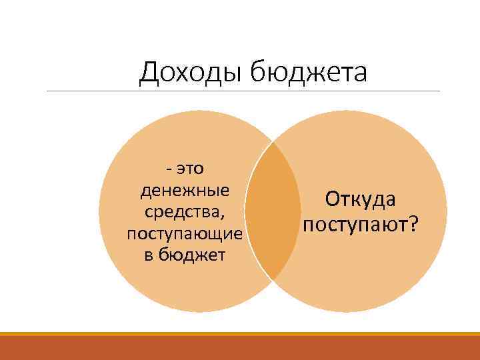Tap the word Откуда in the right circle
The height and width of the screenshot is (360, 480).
tap(361, 199)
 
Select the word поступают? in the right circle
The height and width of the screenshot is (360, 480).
tap(361, 223)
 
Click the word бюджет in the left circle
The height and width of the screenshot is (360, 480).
tap(193, 255)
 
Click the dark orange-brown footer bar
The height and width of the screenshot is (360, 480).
tap(240, 349)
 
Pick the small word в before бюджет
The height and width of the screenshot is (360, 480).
tap(149, 256)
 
